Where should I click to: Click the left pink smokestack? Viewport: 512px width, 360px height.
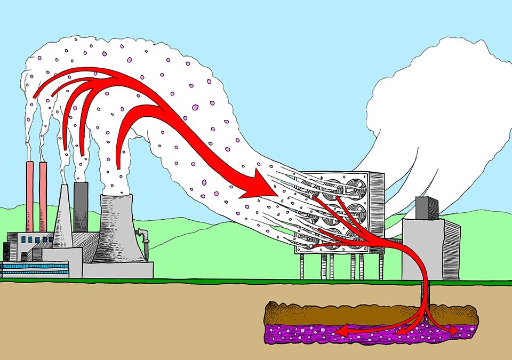[x=30, y=197]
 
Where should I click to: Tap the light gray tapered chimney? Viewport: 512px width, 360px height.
[x=63, y=219]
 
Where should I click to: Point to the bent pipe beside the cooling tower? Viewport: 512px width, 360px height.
[x=143, y=237]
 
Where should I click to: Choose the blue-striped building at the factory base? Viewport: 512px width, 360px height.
[x=35, y=268]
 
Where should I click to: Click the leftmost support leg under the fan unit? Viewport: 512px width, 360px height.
[x=302, y=267]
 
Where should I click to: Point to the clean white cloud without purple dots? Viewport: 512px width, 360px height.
[x=427, y=107]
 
